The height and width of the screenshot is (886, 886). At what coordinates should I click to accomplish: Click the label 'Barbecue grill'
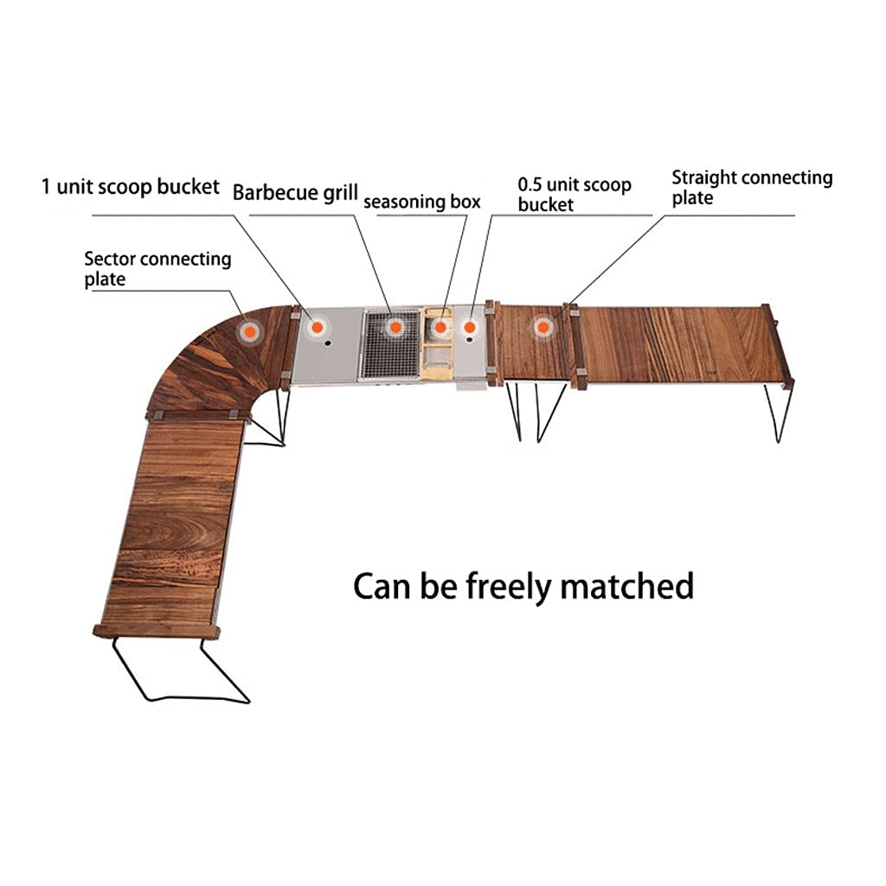[x=295, y=192]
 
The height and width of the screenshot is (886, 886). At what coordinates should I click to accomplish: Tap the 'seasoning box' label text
[x=421, y=202]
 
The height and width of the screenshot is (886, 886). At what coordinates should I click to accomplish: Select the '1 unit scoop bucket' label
[x=131, y=186]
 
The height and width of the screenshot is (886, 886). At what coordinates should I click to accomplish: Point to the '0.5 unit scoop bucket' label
[x=575, y=194]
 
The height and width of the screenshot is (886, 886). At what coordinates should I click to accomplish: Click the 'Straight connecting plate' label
[x=752, y=187]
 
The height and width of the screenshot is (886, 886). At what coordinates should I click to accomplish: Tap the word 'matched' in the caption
[x=626, y=586]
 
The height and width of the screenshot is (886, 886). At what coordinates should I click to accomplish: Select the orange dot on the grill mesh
[x=395, y=327]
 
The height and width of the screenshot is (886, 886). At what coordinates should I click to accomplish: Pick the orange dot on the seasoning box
[x=440, y=328]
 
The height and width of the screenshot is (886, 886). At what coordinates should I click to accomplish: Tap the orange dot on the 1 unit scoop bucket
[x=318, y=327]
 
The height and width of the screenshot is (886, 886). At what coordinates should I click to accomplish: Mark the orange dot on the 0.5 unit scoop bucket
[x=471, y=327]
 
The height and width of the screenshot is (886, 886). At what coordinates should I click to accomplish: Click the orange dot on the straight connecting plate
[x=543, y=327]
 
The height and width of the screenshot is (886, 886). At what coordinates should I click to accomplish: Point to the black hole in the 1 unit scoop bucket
[x=328, y=343]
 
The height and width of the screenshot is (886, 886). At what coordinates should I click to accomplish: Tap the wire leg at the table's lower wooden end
[x=173, y=671]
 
